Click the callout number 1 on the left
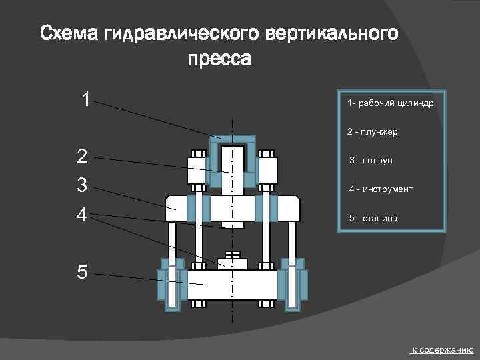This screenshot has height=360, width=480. tap(85, 99)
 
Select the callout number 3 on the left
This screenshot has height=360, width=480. tap(82, 185)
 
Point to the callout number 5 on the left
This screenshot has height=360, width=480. tap(82, 272)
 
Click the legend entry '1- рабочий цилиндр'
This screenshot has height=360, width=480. tap(391, 104)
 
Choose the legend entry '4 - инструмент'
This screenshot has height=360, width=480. tap(381, 189)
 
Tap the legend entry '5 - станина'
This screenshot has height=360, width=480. tap(375, 219)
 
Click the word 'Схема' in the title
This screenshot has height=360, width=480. tap(70, 33)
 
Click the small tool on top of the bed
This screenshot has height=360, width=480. tap(232, 260)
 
